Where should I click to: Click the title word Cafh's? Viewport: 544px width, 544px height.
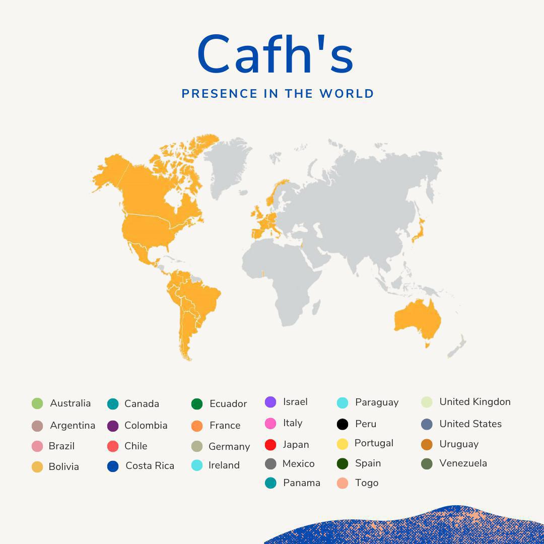[x=275, y=55]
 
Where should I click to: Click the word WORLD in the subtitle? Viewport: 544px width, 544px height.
[x=347, y=94]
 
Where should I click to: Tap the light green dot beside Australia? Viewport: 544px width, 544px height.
[x=37, y=403]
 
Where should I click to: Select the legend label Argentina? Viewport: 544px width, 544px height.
[x=73, y=426]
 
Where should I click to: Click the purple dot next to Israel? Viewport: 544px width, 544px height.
[x=270, y=402]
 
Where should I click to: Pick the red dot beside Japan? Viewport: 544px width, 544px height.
[x=270, y=445]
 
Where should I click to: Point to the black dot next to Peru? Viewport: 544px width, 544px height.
[x=343, y=424]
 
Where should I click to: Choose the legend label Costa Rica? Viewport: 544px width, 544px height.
[x=150, y=466]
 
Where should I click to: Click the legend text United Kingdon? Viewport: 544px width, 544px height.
[x=475, y=402]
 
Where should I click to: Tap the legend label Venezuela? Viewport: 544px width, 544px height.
[x=463, y=463]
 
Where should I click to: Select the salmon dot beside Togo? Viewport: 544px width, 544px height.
[x=343, y=483]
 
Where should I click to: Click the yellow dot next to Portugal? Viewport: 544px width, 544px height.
[x=343, y=444]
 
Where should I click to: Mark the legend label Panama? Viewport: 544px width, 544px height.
[x=301, y=483]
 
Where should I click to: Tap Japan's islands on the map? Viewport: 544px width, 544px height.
[x=418, y=229]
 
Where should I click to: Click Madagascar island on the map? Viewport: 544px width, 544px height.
[x=316, y=307]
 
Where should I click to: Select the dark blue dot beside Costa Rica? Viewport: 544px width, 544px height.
[x=113, y=466]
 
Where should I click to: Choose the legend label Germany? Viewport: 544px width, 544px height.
[x=229, y=447]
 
